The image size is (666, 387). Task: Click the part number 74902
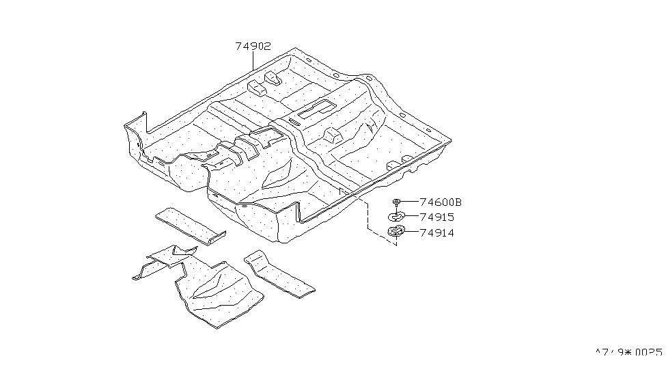[x=253, y=46]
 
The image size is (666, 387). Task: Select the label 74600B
[x=441, y=202]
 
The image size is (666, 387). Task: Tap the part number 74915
[x=437, y=217]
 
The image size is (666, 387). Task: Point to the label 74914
[x=437, y=233]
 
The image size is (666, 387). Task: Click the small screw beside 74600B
[x=396, y=202]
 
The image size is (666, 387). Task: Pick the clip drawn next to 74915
[x=396, y=217]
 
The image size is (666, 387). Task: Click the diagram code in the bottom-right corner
[x=628, y=353]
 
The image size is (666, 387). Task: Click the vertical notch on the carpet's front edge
[x=299, y=212]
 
